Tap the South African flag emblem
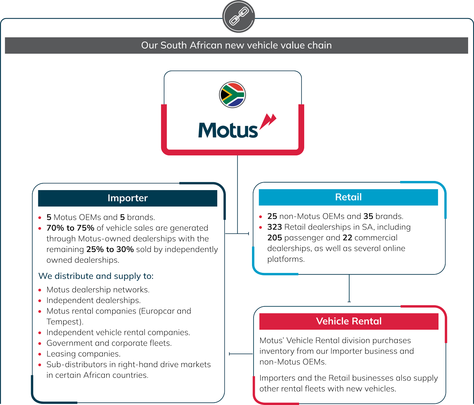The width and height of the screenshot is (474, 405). [x=233, y=95]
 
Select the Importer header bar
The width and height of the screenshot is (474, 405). [x=128, y=198]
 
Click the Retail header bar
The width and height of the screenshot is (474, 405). [x=348, y=197]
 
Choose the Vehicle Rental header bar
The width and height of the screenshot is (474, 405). [x=349, y=321]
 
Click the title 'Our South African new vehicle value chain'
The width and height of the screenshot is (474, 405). [x=236, y=45]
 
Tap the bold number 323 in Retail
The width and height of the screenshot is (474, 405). [x=275, y=227]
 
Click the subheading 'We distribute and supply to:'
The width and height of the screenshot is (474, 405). [x=96, y=276]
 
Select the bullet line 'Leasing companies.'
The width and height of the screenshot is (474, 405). [x=83, y=354]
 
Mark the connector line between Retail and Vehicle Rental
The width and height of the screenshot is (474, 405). [x=349, y=288]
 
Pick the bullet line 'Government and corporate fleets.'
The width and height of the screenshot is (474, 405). [x=109, y=343]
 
